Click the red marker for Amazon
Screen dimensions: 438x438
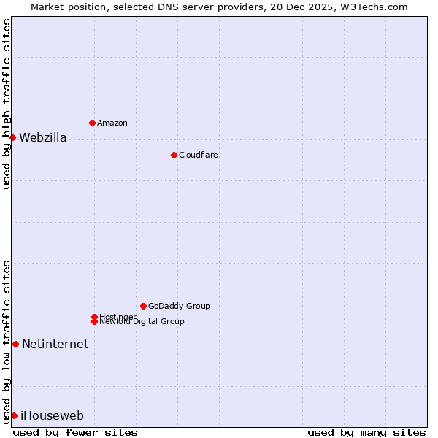click(x=92, y=123)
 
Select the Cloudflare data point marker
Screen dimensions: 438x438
click(x=174, y=155)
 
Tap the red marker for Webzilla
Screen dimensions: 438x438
click(x=12, y=137)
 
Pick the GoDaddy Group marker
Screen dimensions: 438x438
click(x=143, y=306)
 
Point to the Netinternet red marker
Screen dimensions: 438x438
click(x=15, y=344)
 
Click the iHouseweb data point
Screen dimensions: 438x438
click(x=14, y=415)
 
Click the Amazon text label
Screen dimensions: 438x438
click(x=112, y=123)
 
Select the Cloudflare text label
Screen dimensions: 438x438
click(x=199, y=155)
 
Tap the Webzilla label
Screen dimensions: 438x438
click(x=43, y=138)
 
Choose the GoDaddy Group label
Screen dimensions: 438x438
click(x=179, y=306)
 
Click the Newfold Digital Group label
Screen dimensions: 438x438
click(x=142, y=322)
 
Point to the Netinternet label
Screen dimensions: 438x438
click(x=55, y=345)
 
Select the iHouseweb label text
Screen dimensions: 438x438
click(x=53, y=416)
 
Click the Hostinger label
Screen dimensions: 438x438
click(x=118, y=317)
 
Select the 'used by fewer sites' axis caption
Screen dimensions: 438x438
click(x=75, y=432)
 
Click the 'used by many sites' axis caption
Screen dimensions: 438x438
click(x=366, y=432)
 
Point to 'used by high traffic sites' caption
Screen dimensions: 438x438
click(x=7, y=104)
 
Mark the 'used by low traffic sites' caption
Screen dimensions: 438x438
click(x=7, y=341)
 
